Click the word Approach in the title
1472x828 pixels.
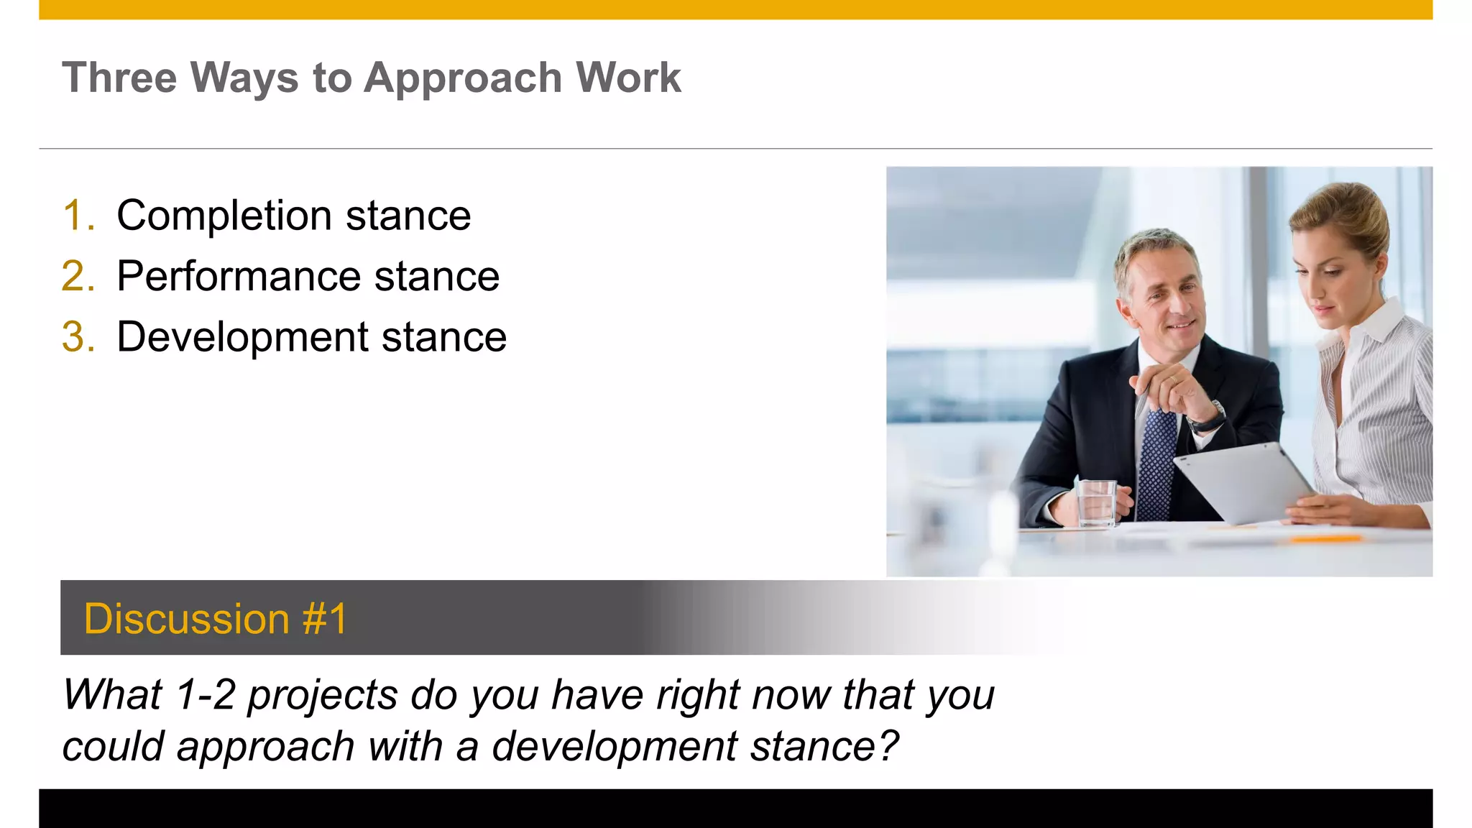[x=462, y=78]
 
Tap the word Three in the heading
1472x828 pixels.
[x=119, y=78]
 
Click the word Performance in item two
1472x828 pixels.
[x=239, y=277]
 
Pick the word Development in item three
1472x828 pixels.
[x=242, y=337]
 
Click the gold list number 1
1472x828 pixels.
[x=78, y=216]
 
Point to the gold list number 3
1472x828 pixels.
[x=78, y=337]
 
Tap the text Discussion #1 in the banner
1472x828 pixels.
[x=216, y=619]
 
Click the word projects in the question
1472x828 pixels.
[x=323, y=696]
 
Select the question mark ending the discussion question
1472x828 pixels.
[x=888, y=746]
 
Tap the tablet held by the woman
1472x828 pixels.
[x=1243, y=482]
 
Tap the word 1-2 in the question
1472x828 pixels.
[x=206, y=696]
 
